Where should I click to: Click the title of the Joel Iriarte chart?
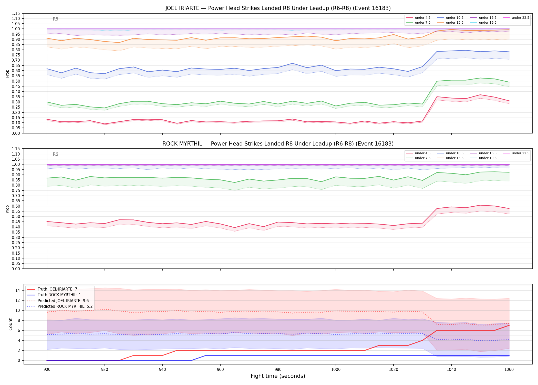click(278, 8)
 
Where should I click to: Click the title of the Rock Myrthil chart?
click(278, 144)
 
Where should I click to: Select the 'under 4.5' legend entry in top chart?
click(418, 18)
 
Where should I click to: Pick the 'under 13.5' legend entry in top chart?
click(450, 23)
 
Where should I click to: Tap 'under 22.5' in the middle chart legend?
click(516, 153)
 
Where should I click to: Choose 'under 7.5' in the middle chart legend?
click(418, 158)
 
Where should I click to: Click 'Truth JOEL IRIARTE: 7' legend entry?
click(52, 289)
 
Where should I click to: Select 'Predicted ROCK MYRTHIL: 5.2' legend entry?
click(60, 306)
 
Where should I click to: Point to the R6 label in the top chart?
click(55, 19)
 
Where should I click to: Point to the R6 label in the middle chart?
click(55, 154)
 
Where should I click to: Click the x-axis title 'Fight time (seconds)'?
click(278, 376)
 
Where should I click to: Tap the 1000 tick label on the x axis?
click(336, 370)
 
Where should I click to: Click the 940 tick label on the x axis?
click(162, 370)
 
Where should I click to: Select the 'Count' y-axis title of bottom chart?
click(11, 324)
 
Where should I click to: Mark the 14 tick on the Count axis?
click(18, 291)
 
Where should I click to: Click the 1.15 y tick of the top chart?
click(16, 13)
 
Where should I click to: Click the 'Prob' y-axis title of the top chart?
click(7, 73)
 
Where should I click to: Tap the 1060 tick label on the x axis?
click(509, 370)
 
